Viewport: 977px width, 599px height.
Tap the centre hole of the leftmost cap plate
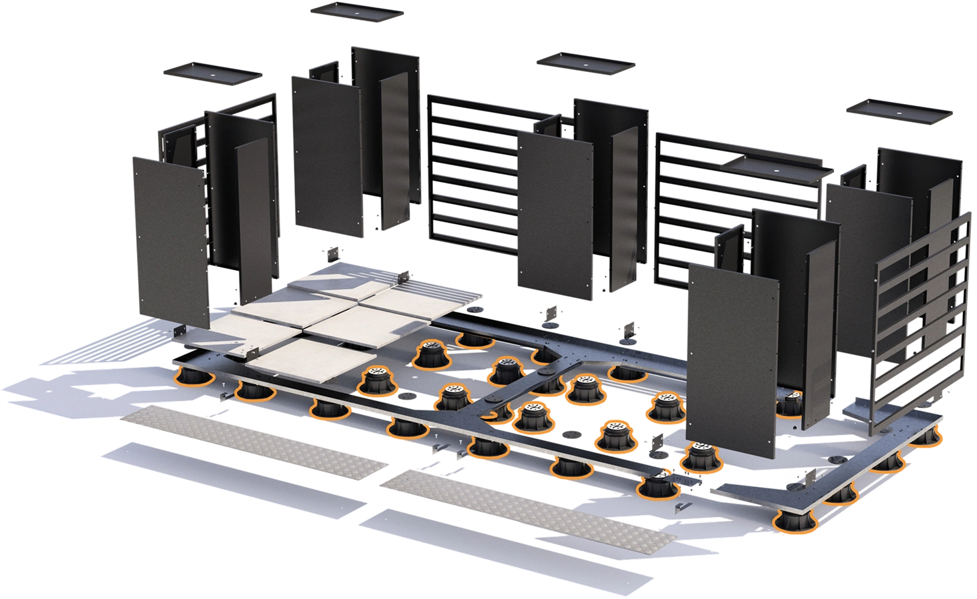212,73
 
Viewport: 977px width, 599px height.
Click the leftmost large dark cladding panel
172,240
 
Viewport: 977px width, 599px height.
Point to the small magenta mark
789,478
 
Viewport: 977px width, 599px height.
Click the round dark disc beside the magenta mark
836,460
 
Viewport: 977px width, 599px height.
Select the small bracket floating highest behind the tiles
332,253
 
